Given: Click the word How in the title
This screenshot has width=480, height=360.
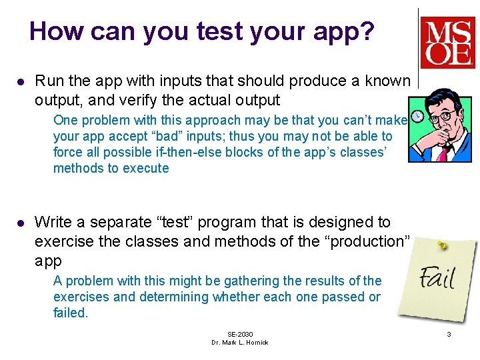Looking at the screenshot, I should point(53,31).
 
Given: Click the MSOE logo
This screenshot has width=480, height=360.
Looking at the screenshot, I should point(447,42).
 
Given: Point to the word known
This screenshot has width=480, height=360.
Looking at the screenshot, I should point(387,81).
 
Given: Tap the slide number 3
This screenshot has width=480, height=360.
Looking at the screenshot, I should point(449,334).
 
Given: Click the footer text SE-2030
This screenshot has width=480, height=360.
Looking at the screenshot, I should point(240,334).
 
